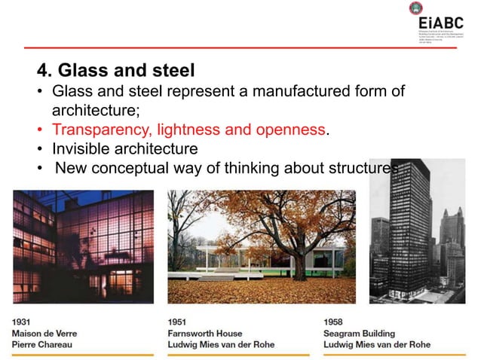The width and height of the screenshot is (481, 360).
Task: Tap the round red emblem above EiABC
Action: click(415, 8)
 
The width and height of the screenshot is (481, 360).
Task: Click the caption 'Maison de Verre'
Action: click(44, 333)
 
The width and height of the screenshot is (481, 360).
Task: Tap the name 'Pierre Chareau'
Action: click(43, 344)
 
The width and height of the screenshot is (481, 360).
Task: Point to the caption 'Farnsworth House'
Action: click(205, 333)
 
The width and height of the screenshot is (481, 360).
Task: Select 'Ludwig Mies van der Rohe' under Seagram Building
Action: click(376, 344)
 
